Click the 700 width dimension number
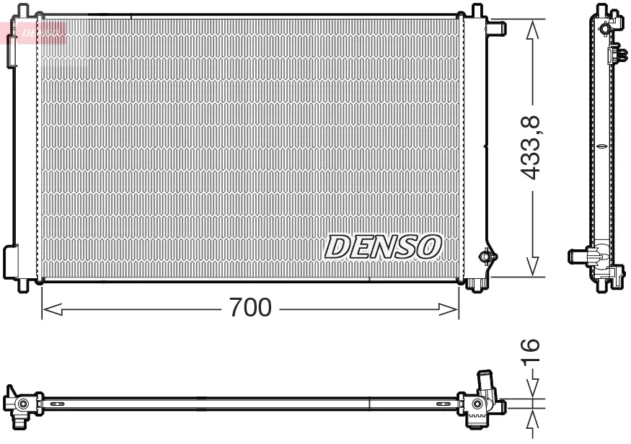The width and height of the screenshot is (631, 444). click(250, 308)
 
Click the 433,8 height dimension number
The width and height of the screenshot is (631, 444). click(530, 148)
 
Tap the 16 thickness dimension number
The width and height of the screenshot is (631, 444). click(530, 352)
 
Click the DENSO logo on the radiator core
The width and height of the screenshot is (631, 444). click(383, 247)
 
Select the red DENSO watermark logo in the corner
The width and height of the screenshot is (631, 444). click(42, 32)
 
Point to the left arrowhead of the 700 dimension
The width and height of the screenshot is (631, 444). click(52, 309)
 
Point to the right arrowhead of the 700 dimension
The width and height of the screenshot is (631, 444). click(449, 309)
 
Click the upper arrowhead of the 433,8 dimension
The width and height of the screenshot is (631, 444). click(532, 29)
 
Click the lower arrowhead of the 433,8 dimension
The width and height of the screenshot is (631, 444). click(532, 267)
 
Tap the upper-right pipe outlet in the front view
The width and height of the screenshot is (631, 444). click(496, 28)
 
